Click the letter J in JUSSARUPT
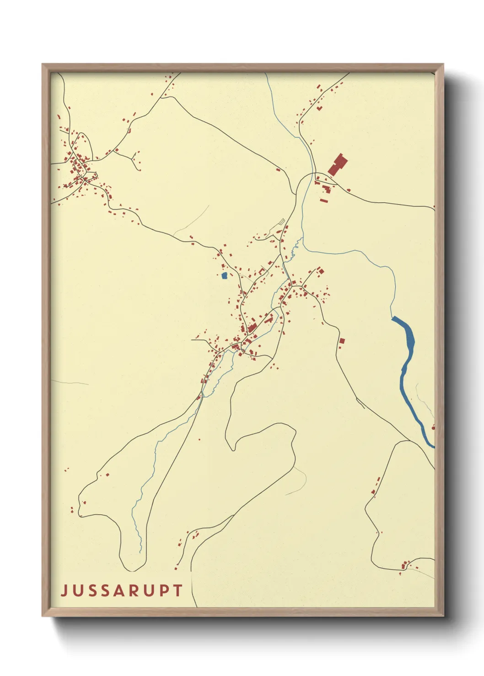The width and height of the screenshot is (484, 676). [64, 591]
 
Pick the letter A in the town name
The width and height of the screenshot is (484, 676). [117, 590]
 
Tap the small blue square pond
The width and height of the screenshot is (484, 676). [224, 275]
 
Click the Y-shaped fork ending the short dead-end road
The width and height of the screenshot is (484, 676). [133, 159]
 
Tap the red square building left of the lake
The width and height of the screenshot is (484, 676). [341, 341]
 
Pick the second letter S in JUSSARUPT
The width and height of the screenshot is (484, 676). [103, 591]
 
